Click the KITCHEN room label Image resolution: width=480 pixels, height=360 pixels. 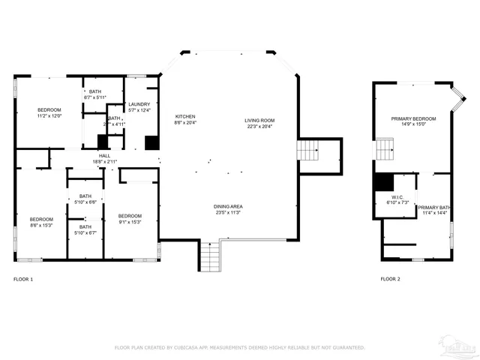[185, 116]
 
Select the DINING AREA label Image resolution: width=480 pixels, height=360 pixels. [227, 206]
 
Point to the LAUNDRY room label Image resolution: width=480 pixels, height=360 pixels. [139, 104]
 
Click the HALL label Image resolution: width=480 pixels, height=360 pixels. [104, 156]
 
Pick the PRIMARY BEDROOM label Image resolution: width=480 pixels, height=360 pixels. [413, 118]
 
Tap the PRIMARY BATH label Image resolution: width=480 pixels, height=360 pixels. [433, 207]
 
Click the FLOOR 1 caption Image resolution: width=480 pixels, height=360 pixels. [23, 279]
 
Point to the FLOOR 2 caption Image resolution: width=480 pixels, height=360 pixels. [390, 279]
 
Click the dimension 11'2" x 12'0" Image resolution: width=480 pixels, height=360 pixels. [49, 116]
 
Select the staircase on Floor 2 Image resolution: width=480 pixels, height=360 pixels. [385, 148]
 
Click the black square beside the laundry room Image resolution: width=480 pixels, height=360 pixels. [151, 142]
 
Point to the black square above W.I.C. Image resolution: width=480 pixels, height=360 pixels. [383, 182]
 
